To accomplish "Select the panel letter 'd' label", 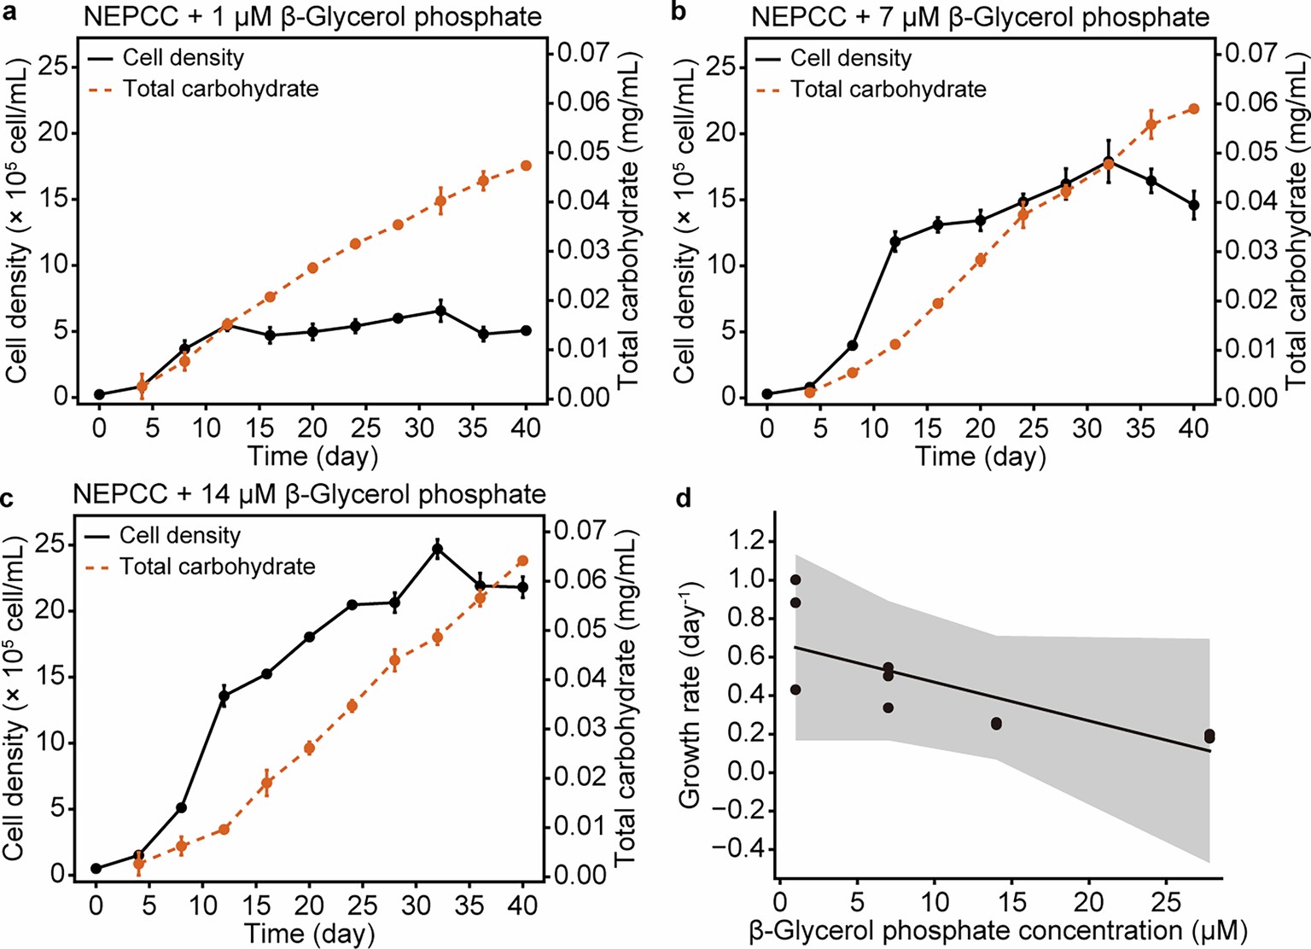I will click(x=683, y=498).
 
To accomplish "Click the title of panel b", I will click(x=980, y=17).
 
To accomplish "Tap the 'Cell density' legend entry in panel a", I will click(x=183, y=58).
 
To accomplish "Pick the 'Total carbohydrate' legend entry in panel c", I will click(x=217, y=567).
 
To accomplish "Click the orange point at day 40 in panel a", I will click(x=526, y=166).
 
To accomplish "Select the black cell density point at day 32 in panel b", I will click(x=1109, y=162).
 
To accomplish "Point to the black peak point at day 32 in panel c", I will click(x=438, y=550).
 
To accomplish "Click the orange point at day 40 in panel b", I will click(x=1194, y=108).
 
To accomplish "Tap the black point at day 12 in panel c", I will click(x=224, y=696).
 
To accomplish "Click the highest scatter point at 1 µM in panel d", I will click(x=795, y=579).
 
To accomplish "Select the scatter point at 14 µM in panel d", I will click(x=996, y=724).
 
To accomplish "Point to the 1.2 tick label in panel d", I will click(x=747, y=541).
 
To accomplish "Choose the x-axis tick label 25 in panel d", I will click(x=1167, y=902).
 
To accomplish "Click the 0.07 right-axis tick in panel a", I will click(x=584, y=53).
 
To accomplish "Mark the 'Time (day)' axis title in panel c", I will click(x=309, y=933).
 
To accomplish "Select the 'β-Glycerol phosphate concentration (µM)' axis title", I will click(x=998, y=931).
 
